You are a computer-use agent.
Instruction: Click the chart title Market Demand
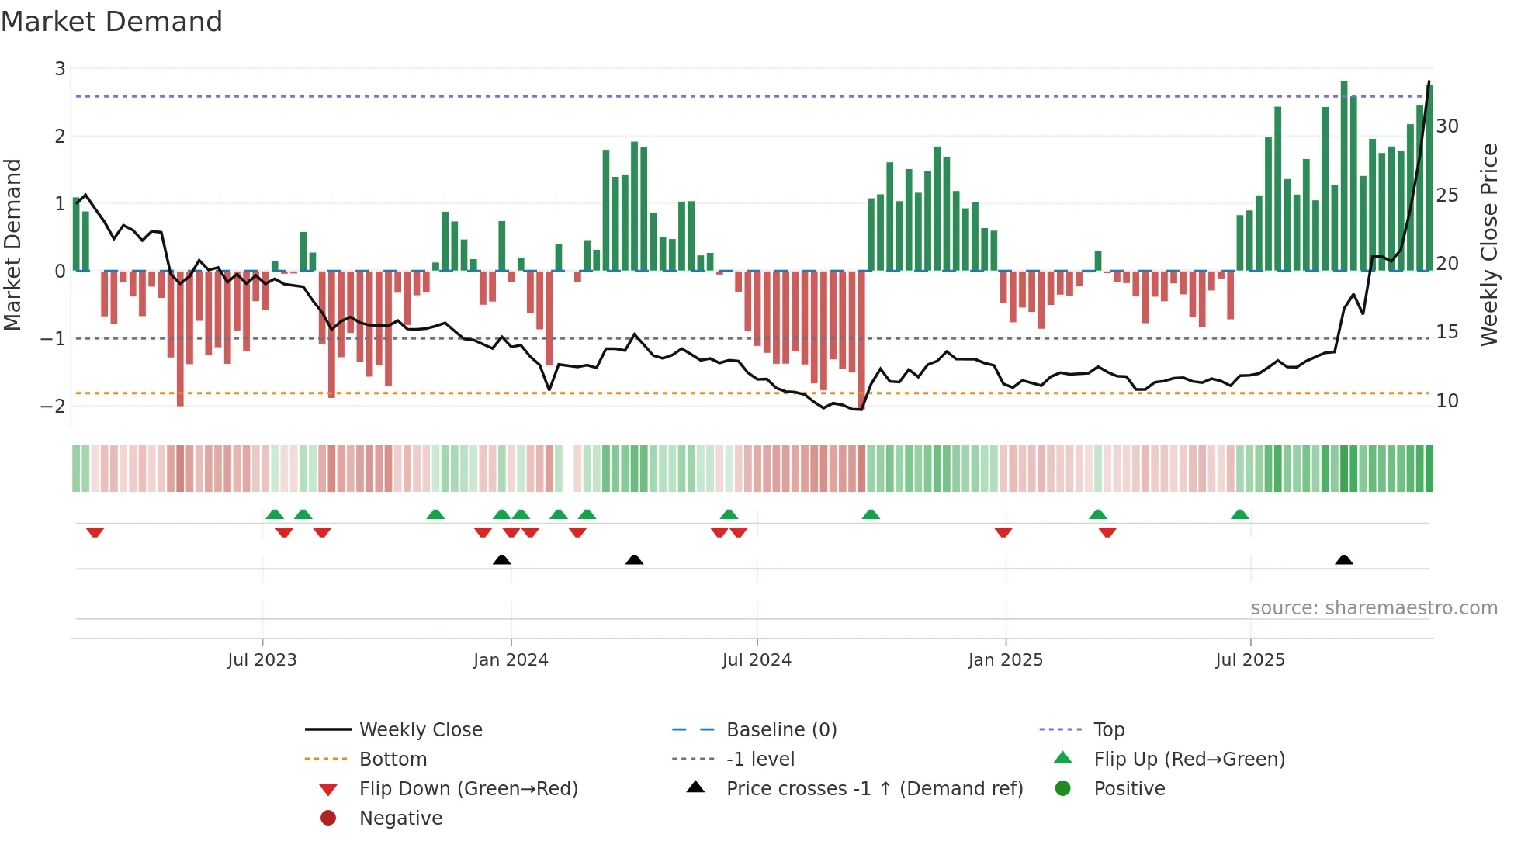(112, 22)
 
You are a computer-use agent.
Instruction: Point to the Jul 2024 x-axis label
(757, 660)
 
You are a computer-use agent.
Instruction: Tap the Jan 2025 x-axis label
(1005, 660)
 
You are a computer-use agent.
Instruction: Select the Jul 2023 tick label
(262, 660)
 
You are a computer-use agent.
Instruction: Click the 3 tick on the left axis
(60, 69)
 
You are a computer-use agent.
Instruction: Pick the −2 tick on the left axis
(54, 406)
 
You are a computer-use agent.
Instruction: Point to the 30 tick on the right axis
(1447, 126)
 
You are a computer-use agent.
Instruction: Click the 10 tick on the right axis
(1447, 401)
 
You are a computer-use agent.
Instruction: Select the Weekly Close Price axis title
(1488, 244)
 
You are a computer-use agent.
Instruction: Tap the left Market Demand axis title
(12, 244)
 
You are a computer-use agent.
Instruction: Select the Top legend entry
(1108, 730)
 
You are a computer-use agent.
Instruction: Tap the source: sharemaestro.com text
(1374, 608)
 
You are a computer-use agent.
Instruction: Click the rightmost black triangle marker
(1344, 560)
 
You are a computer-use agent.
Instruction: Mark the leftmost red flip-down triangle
(95, 532)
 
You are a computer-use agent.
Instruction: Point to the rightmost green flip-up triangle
(1239, 514)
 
